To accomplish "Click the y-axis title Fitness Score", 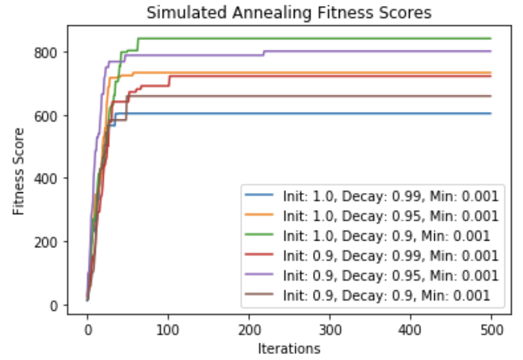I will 19,171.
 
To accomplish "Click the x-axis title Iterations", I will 288,348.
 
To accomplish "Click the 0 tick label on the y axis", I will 56,305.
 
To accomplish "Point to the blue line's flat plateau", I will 300,113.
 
